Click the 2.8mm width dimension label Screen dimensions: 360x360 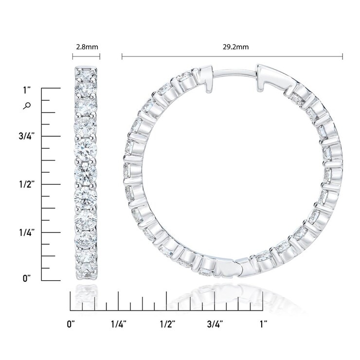[87, 47]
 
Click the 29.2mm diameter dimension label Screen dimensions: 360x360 [235, 47]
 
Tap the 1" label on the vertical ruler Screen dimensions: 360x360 [27, 90]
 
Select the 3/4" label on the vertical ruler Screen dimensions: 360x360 [27, 136]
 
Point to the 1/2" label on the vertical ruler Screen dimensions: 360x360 [27, 184]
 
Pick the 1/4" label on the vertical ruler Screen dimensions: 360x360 [27, 233]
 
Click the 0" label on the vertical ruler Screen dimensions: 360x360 [27, 278]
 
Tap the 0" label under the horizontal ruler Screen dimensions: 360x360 [71, 324]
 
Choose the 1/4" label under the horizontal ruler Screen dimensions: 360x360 [119, 324]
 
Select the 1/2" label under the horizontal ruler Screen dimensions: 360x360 [167, 324]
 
